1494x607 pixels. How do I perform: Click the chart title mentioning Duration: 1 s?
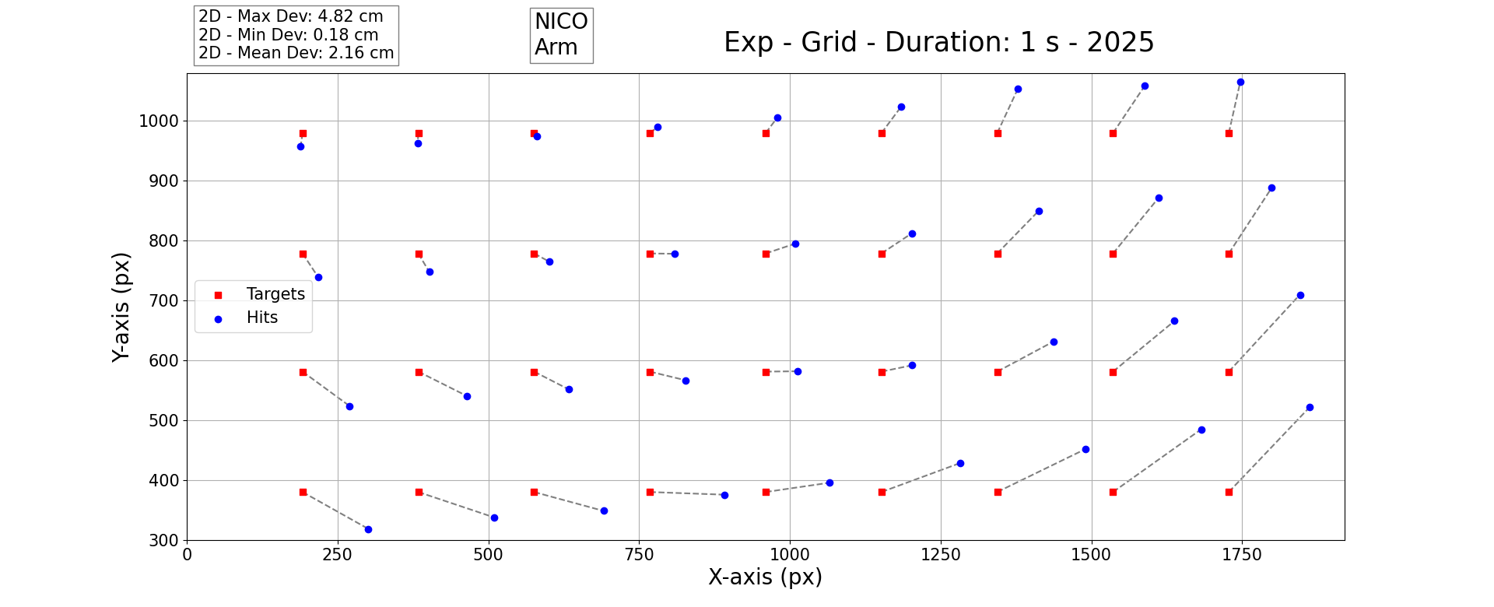tap(938, 42)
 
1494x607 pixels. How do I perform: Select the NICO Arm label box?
tap(561, 35)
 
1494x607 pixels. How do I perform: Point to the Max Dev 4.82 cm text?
tap(291, 16)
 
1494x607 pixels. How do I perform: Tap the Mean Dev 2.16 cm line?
tap(296, 53)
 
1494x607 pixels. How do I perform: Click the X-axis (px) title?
tap(765, 577)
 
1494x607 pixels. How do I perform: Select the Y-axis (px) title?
tap(121, 307)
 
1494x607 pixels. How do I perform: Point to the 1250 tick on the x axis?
tap(941, 555)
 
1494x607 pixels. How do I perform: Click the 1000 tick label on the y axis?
tap(159, 121)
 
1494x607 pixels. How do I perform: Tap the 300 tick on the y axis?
tap(163, 540)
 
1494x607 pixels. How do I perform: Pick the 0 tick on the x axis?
tap(187, 555)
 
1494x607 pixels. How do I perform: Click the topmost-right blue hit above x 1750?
tap(1240, 82)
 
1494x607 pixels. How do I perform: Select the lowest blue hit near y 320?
tap(368, 529)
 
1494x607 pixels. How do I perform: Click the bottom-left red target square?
tap(303, 492)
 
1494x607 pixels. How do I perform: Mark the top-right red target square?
tap(1229, 133)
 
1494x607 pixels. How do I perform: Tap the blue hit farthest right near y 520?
tap(1310, 407)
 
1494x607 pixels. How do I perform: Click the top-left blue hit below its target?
tap(300, 146)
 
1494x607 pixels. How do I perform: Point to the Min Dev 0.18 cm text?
tap(289, 35)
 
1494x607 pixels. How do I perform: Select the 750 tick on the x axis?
tap(639, 555)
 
